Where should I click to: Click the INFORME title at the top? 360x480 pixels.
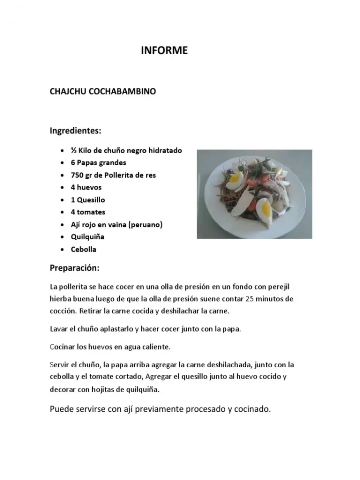(164, 50)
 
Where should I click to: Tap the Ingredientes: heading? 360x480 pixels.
(75, 131)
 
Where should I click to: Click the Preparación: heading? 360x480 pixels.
(75, 268)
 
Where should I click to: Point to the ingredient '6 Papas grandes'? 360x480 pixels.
(98, 163)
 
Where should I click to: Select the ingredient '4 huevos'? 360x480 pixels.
(86, 187)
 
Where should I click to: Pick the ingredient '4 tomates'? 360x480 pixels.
(88, 212)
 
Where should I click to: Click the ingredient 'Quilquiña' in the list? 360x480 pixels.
(87, 237)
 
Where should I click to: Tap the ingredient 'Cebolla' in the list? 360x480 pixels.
(83, 249)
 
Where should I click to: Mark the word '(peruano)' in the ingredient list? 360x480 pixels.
(146, 225)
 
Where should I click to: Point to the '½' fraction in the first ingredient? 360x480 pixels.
(73, 150)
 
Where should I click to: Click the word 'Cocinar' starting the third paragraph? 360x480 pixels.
(62, 346)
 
